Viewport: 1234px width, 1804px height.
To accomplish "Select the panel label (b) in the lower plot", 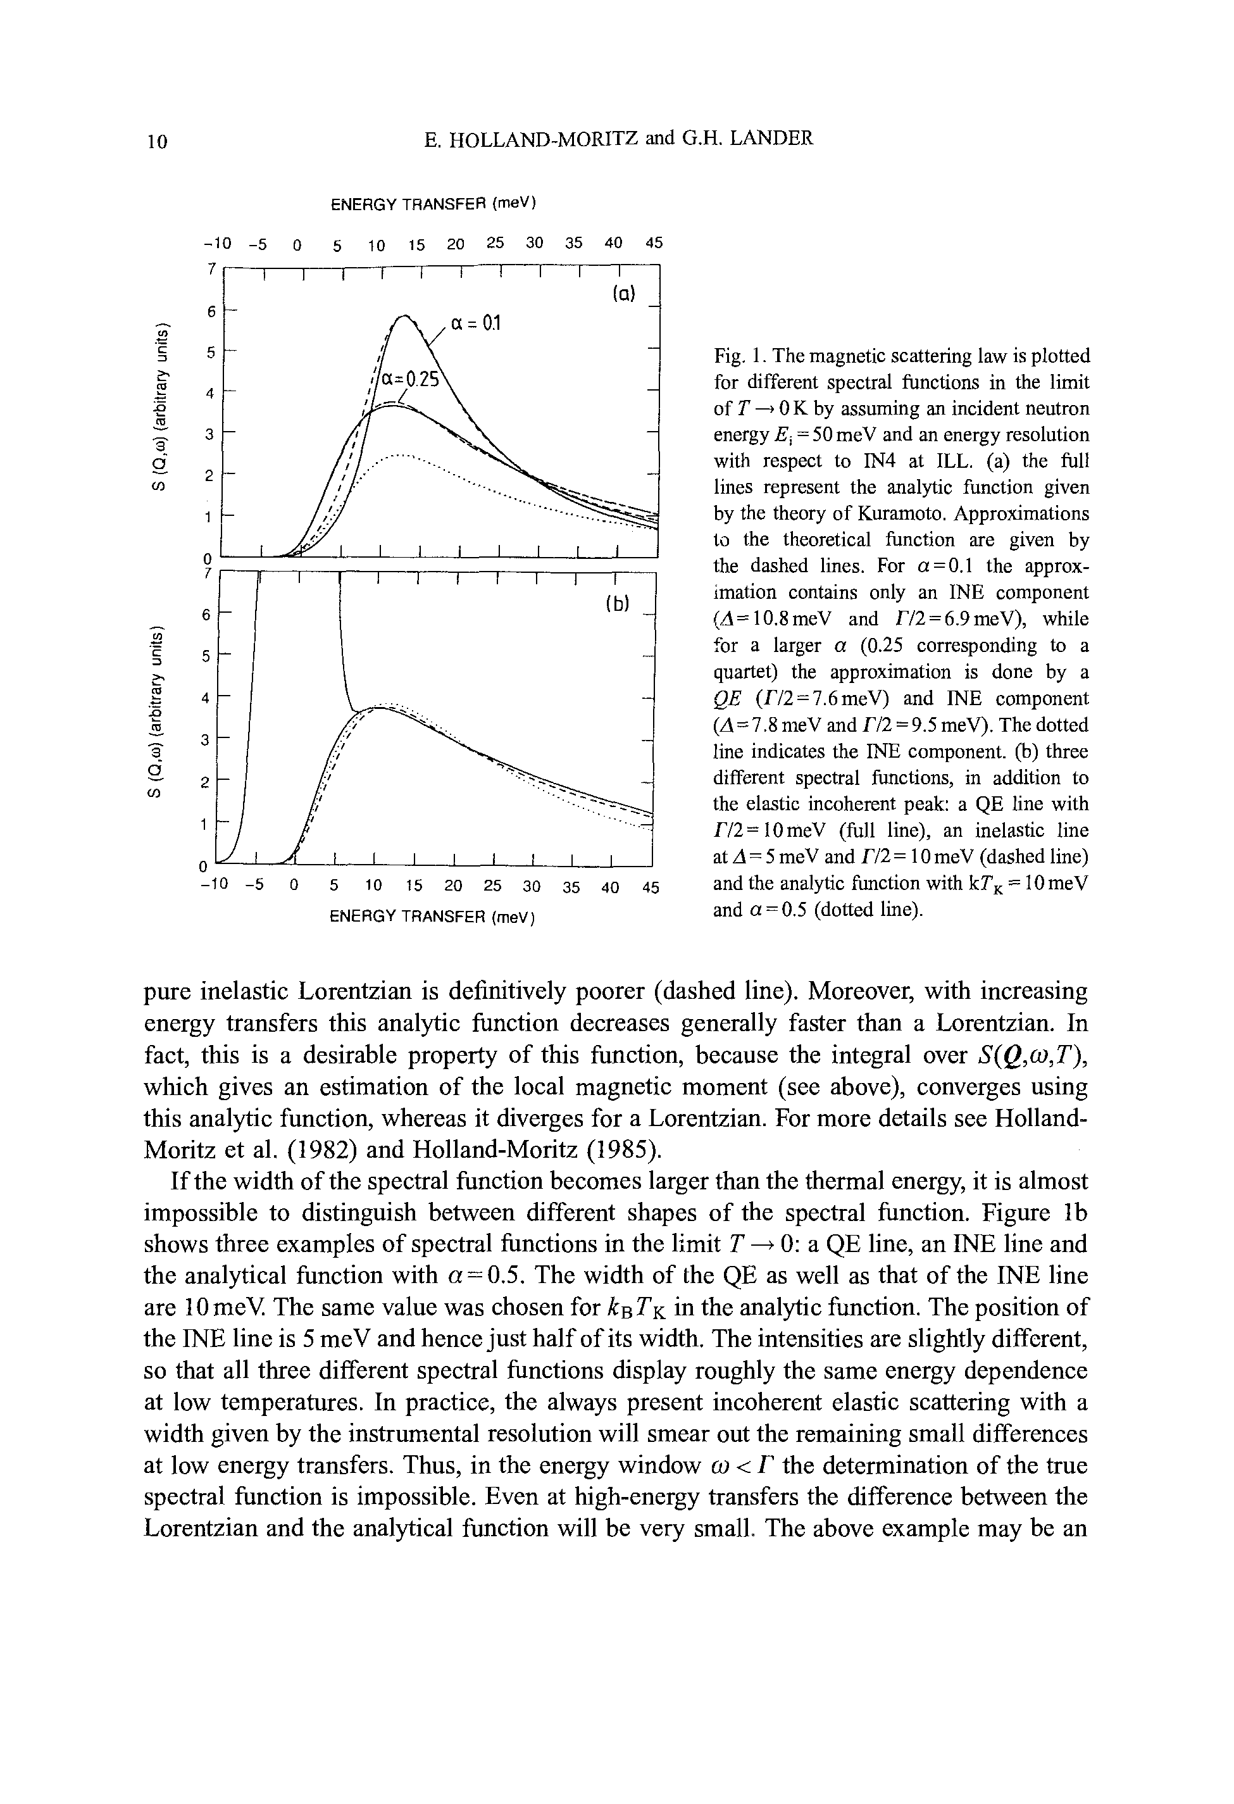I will pos(617,603).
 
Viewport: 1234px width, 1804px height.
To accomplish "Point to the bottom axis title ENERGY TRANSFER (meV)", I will pos(434,917).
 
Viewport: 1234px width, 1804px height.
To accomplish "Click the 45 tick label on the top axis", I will pos(654,243).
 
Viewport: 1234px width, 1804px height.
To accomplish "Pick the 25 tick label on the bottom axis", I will pos(492,886).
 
